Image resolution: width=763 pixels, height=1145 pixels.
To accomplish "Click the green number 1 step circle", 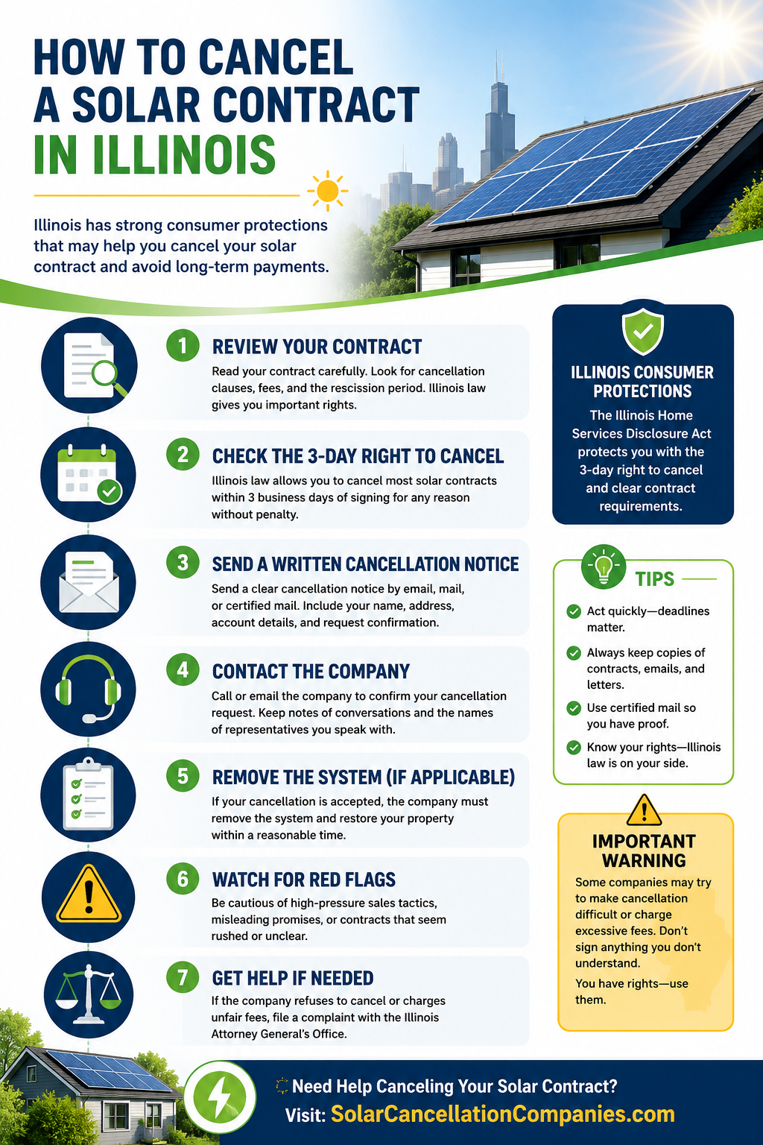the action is (183, 346).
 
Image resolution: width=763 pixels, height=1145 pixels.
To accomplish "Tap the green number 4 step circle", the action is (183, 669).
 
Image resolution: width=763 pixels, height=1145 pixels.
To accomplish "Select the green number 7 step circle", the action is (183, 977).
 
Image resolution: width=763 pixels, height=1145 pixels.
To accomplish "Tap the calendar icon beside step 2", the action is (89, 474).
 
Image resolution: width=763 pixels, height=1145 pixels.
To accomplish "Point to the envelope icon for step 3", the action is (89, 582).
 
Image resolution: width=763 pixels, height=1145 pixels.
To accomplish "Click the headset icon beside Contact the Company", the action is (88, 689).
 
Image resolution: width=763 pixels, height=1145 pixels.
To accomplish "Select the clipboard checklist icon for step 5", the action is (88, 794).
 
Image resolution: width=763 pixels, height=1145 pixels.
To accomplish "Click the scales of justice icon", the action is (89, 994).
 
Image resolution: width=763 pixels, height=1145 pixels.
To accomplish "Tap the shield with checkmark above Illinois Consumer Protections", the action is (643, 331).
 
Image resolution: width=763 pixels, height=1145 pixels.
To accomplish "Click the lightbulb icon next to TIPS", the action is (604, 567).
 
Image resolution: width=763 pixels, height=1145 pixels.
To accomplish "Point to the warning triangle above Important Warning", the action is (644, 810).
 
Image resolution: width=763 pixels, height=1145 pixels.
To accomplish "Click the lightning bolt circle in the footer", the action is (220, 1097).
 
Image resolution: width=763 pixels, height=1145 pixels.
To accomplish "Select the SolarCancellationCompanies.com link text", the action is (503, 1114).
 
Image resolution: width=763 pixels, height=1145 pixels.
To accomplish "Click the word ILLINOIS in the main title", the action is (183, 154).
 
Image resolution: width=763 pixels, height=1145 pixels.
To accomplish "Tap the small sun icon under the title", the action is (328, 191).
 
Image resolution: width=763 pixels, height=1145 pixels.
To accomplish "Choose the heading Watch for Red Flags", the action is (303, 879).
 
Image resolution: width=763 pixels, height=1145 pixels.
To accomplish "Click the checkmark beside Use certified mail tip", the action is (574, 708).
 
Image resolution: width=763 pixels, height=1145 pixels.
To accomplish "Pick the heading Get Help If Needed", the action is (293, 978).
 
